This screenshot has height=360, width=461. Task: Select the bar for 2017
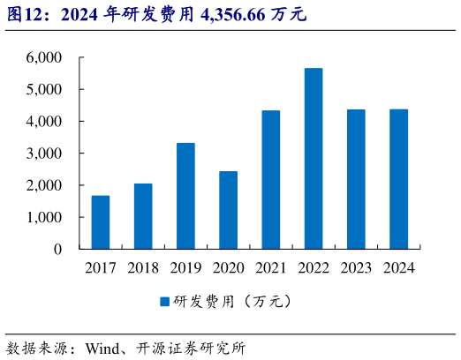101,222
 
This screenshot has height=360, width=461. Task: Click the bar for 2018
143,216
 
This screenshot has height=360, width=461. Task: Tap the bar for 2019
185,196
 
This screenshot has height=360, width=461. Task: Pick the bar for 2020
228,210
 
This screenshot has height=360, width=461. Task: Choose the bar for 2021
270,180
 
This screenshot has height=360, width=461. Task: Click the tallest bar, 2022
314,159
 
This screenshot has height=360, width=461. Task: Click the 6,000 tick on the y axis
44,57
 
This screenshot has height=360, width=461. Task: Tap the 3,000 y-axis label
44,154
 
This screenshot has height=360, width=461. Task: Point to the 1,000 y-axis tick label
44,217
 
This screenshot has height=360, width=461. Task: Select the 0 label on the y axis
57,250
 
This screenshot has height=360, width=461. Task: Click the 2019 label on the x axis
185,267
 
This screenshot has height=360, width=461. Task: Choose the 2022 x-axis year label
314,267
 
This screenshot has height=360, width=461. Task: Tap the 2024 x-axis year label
398,267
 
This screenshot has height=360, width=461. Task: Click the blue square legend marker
164,302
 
